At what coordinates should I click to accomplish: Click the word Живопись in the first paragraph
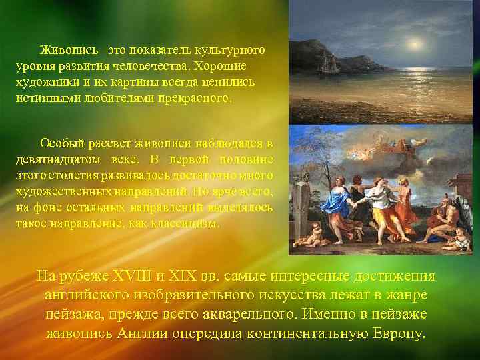[63, 50]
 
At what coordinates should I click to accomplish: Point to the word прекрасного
[198, 99]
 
